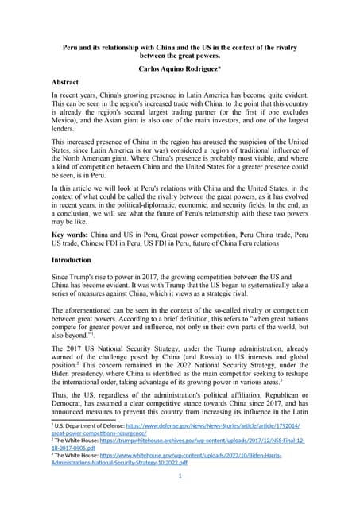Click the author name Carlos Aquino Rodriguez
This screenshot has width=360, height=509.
pos(180,70)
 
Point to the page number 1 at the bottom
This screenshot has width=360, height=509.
pos(180,476)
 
